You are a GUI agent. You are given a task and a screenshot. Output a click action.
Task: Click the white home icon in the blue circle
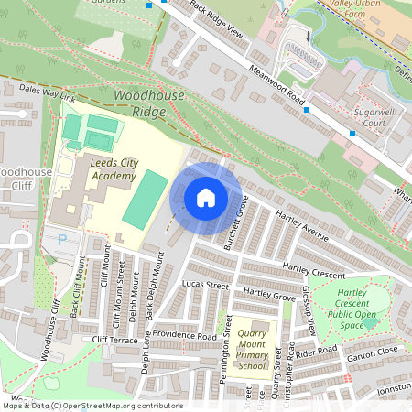click(206, 198)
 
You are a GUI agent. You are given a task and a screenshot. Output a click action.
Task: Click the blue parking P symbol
click(62, 240)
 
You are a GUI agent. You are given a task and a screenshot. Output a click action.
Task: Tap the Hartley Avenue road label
click(301, 230)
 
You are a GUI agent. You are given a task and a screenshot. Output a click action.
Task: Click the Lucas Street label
click(204, 286)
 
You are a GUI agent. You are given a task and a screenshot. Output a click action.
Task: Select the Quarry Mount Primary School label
click(252, 349)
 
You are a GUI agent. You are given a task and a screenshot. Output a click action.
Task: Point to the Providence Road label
click(184, 335)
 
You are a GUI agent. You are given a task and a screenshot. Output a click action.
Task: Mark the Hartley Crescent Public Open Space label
click(358, 307)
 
